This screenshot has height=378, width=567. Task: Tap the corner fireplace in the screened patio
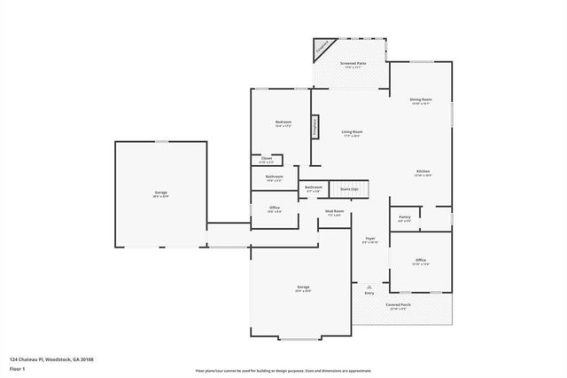click(x=323, y=49)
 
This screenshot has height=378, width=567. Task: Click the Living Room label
click(x=353, y=133)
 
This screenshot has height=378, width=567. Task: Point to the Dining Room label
click(x=420, y=100)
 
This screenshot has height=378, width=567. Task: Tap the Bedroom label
click(x=283, y=123)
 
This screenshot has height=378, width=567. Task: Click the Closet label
click(x=267, y=160)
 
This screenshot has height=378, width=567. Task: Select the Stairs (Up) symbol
click(x=349, y=189)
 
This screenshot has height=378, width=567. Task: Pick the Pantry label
click(x=404, y=218)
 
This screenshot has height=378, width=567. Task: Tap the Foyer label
click(x=370, y=240)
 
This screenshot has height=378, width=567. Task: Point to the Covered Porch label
click(x=396, y=306)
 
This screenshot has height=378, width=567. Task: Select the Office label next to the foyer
click(x=421, y=262)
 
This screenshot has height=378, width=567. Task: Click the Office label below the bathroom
click(x=275, y=209)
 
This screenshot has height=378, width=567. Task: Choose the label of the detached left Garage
click(x=161, y=193)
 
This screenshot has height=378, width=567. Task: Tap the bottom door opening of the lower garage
click(x=301, y=338)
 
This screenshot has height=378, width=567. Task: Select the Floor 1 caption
click(x=18, y=367)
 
